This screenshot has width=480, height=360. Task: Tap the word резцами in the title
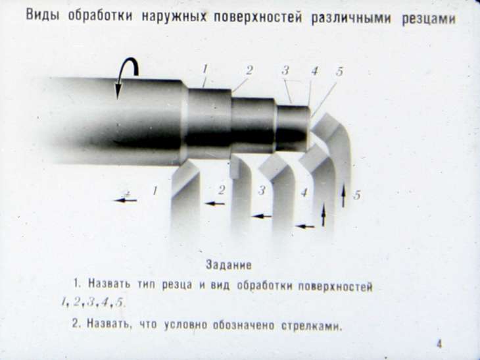point(429,19)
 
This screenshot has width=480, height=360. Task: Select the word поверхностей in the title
point(257,18)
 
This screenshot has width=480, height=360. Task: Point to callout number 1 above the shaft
point(205,69)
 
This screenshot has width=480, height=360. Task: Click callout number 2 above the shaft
point(249,70)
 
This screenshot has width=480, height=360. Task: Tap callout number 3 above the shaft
point(285,70)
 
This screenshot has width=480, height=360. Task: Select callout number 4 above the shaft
point(314,71)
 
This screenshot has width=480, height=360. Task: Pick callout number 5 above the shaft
point(339,71)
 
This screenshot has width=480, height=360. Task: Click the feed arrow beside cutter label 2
point(214,203)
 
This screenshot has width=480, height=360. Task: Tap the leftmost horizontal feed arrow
point(126,200)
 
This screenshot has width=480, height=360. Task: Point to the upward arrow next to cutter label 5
point(343,195)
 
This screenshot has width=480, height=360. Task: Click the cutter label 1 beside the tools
point(155,191)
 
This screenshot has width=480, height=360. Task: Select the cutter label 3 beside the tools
point(262,191)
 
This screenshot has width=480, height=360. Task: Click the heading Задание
point(229,265)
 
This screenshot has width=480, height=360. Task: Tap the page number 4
point(439,344)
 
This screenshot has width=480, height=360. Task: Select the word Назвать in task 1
point(109,284)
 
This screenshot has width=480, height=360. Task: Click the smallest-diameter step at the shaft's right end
point(293,128)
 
